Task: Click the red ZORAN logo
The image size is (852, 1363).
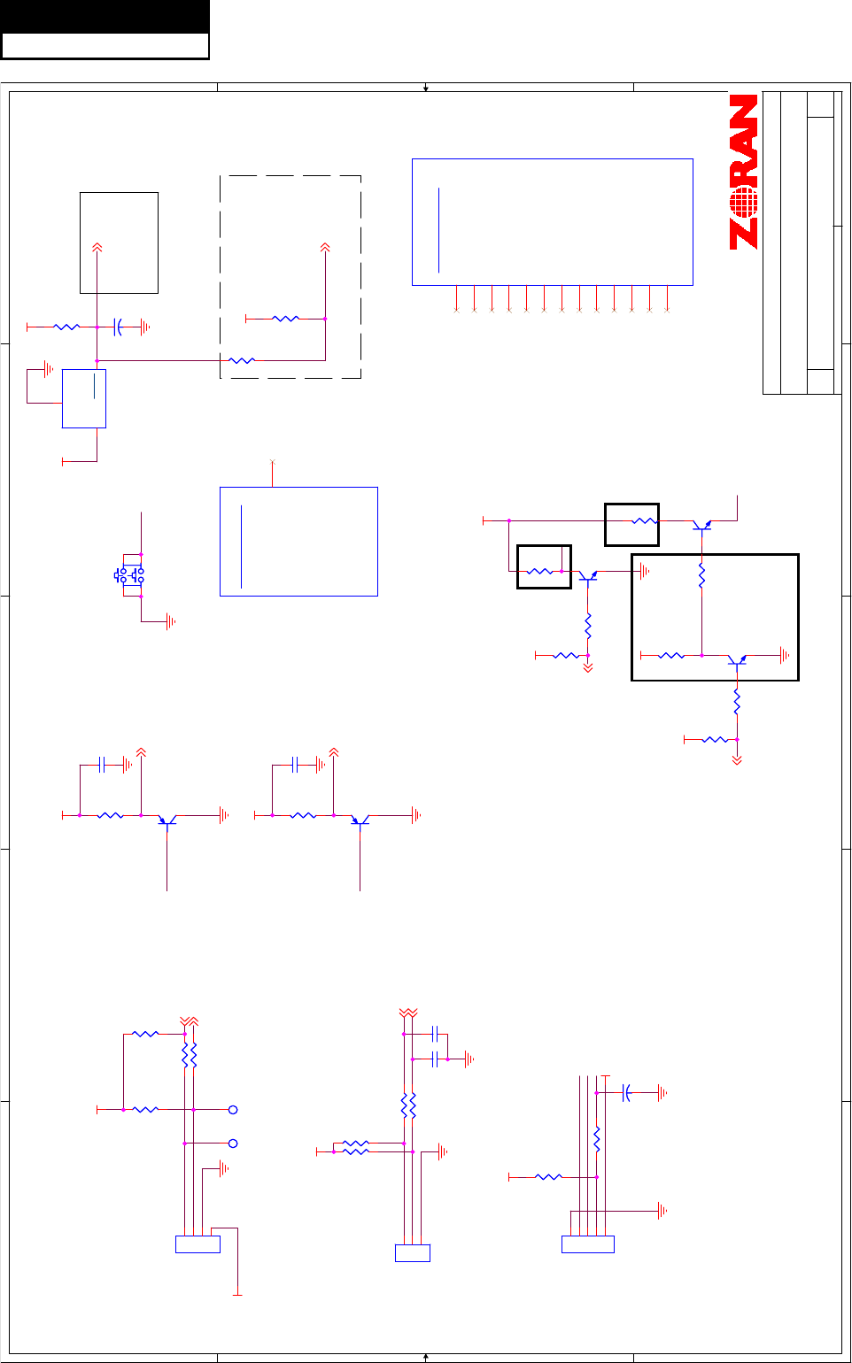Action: coord(744,172)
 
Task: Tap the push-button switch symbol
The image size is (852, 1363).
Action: coord(130,575)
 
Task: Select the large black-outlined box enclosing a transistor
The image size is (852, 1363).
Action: coord(714,617)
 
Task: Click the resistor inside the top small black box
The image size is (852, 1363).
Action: coord(645,521)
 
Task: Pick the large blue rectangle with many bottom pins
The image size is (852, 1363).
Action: coord(552,221)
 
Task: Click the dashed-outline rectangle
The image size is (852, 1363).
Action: coord(290,276)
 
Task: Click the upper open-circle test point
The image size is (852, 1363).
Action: coord(233,1109)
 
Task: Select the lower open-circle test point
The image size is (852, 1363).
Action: coord(233,1144)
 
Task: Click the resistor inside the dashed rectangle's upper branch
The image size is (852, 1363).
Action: coord(285,319)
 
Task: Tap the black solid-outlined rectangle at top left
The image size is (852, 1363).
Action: coord(119,243)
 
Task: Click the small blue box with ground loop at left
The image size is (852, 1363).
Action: coord(84,398)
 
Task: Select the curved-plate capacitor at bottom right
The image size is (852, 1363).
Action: coord(627,1093)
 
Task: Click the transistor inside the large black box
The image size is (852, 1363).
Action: coord(737,659)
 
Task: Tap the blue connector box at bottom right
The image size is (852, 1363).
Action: coord(587,1244)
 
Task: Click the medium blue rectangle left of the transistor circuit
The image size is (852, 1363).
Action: coord(298,541)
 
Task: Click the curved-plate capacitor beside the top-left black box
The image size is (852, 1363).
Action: coord(118,327)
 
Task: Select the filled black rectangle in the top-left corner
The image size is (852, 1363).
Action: coord(105,17)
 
